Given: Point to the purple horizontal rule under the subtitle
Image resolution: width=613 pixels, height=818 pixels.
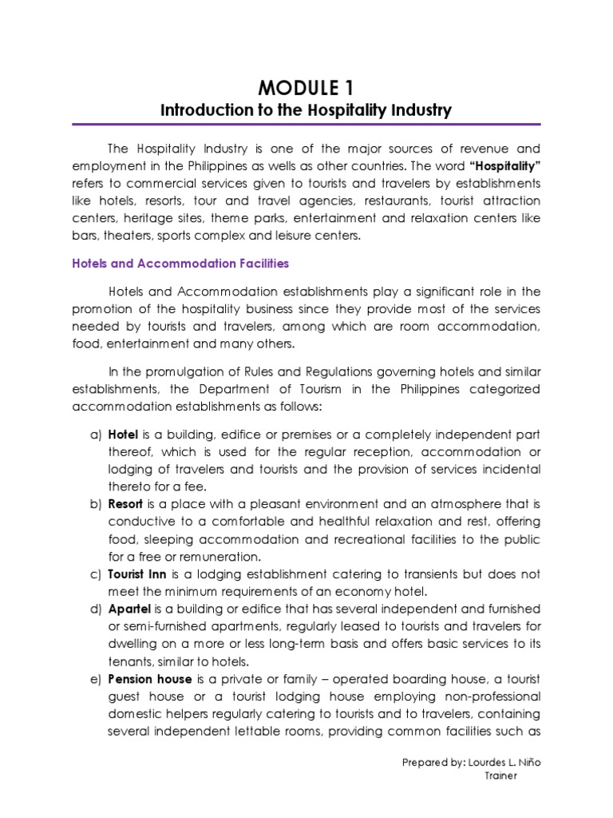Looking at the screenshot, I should click(x=306, y=125).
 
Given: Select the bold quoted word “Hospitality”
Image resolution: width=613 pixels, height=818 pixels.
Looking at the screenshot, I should click(x=503, y=165).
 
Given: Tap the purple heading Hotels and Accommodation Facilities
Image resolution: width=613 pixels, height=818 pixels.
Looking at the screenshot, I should click(x=180, y=263).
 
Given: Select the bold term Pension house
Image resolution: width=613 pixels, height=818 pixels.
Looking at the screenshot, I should click(x=149, y=679).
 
